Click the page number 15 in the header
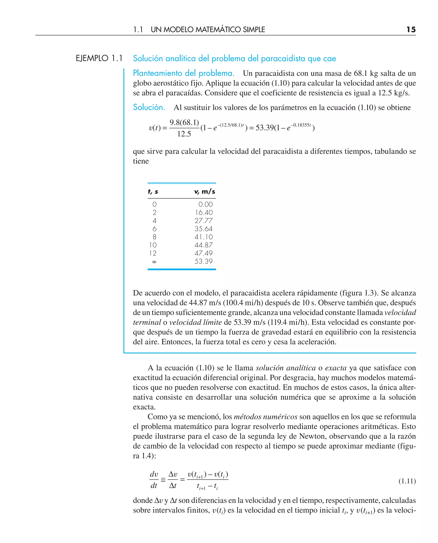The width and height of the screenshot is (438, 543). click(411, 30)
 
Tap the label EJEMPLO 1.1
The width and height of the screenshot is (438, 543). click(99, 58)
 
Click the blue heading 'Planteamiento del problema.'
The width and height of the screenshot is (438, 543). click(183, 73)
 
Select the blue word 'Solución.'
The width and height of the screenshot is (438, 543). click(149, 107)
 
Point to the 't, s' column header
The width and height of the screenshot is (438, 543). click(153, 192)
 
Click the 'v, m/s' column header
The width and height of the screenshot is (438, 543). click(205, 192)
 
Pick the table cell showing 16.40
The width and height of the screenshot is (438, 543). click(204, 212)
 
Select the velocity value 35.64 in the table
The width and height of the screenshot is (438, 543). click(204, 229)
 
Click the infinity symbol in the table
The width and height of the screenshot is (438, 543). click(154, 262)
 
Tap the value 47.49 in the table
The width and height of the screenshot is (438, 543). click(204, 253)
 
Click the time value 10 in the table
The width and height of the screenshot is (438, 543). click(153, 245)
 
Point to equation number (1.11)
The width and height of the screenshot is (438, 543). click(407, 481)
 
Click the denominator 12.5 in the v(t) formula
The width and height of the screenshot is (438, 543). click(184, 134)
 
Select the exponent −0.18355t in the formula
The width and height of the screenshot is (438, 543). click(301, 125)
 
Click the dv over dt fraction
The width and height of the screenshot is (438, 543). click(154, 480)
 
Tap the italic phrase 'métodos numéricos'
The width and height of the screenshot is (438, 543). click(265, 417)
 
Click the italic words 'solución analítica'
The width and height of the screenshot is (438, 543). click(286, 368)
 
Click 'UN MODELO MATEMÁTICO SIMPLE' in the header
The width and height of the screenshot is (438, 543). click(208, 30)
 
